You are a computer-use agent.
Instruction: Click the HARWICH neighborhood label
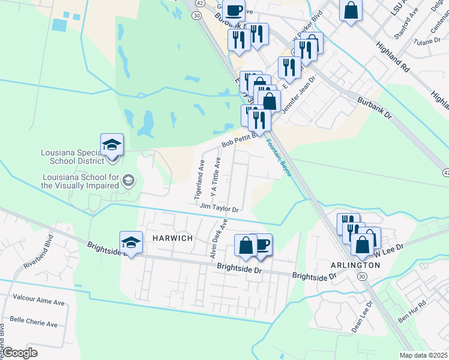172,238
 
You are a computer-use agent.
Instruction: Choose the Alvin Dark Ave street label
218,239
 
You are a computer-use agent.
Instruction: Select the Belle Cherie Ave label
34,324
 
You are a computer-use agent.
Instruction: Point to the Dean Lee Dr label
363,317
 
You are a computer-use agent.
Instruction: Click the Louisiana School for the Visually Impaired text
80,181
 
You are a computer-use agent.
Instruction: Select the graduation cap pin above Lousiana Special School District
112,145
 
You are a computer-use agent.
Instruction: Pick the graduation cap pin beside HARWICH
131,242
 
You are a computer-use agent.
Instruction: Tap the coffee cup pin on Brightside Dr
261,244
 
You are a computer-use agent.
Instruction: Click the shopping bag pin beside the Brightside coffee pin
245,245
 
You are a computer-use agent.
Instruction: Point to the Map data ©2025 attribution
423,355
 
